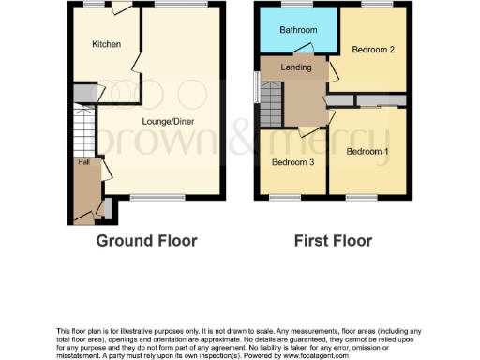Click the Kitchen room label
[x=106, y=44]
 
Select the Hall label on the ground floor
[x=82, y=162]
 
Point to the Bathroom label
[x=298, y=30]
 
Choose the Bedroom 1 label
[x=367, y=151]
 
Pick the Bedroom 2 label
[x=372, y=49]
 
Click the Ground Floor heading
[x=147, y=241]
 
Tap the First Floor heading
[x=333, y=241]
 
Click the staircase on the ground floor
[x=82, y=127]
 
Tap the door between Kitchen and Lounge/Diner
[x=139, y=63]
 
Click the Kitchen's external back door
[x=120, y=9]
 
